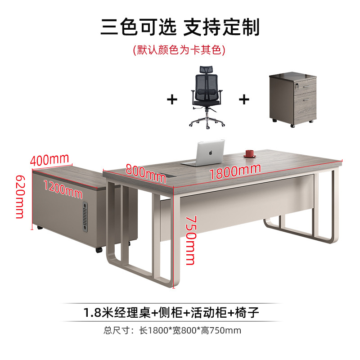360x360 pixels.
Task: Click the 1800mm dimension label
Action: (235, 172)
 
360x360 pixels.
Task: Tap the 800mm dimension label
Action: (146, 174)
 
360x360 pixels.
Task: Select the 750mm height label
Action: (191, 240)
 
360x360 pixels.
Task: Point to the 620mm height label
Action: (20, 197)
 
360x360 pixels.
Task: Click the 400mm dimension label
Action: (49, 159)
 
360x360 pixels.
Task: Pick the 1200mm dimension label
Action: (63, 189)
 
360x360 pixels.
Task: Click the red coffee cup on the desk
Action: (250, 153)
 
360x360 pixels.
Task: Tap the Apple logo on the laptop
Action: (211, 153)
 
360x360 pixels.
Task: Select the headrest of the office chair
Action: (206, 69)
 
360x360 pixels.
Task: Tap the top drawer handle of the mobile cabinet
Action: (306, 86)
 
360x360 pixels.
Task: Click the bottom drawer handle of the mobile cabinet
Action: (306, 99)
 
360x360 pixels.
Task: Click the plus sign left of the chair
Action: (172, 99)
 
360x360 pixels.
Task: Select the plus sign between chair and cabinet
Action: (244, 99)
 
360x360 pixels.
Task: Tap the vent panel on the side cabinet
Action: (85, 217)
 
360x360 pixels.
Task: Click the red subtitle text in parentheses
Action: (179, 50)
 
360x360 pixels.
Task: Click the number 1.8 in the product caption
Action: (92, 313)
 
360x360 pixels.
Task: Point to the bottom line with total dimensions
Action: (172, 331)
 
